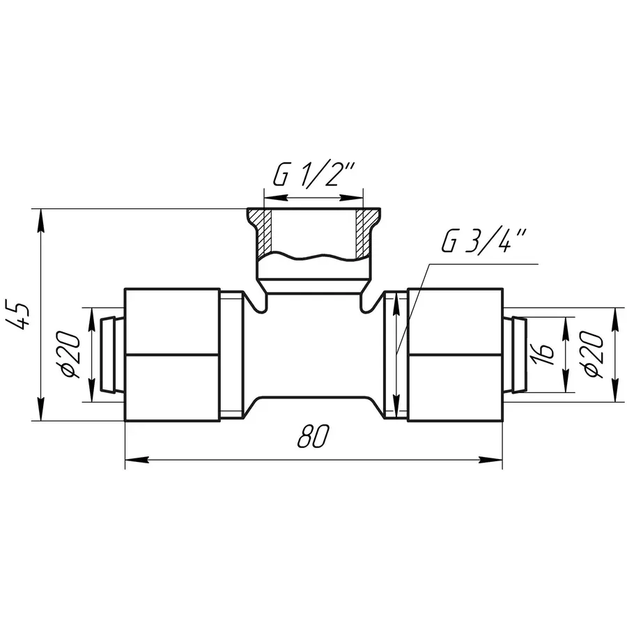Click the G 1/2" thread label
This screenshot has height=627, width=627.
[x=314, y=175]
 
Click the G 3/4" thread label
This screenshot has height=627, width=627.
[x=485, y=241]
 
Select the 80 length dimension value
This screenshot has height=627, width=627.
[x=313, y=436]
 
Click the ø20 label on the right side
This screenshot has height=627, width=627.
[x=593, y=354]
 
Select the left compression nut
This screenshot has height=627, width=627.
[x=173, y=355]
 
